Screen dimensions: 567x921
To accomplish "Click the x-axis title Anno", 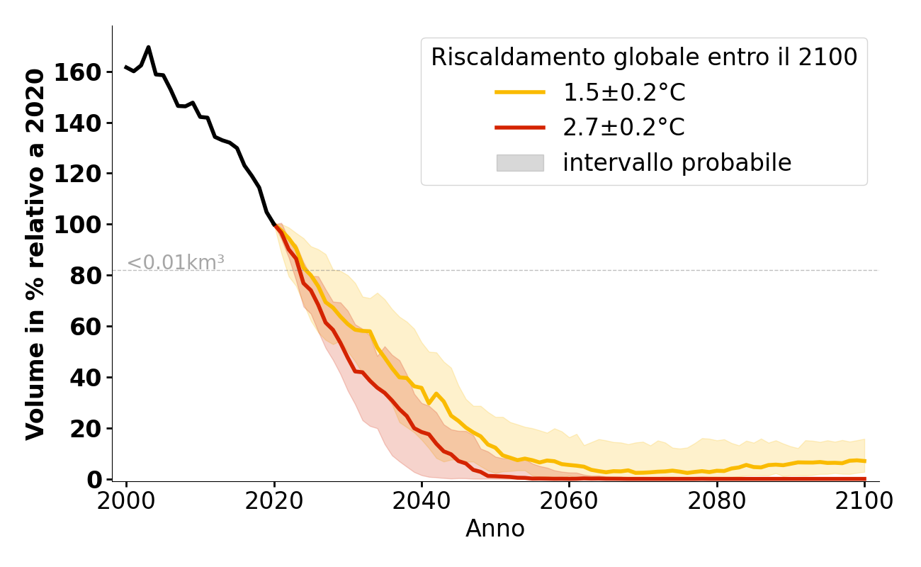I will pyautogui.click(x=495, y=529).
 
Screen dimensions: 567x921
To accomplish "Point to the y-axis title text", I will pyautogui.click(x=35, y=254).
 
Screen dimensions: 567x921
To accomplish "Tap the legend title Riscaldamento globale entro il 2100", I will pyautogui.click(x=644, y=57).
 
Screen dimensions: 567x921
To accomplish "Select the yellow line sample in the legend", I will pyautogui.click(x=520, y=92).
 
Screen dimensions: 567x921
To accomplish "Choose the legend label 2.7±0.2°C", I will pyautogui.click(x=624, y=128).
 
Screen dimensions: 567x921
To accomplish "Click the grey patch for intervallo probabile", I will pyautogui.click(x=520, y=163).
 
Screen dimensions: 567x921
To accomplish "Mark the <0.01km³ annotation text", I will pyautogui.click(x=176, y=263).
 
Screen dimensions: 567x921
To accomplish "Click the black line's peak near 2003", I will pyautogui.click(x=148, y=47).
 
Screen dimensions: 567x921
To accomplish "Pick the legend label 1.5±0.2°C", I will pyautogui.click(x=624, y=92).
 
